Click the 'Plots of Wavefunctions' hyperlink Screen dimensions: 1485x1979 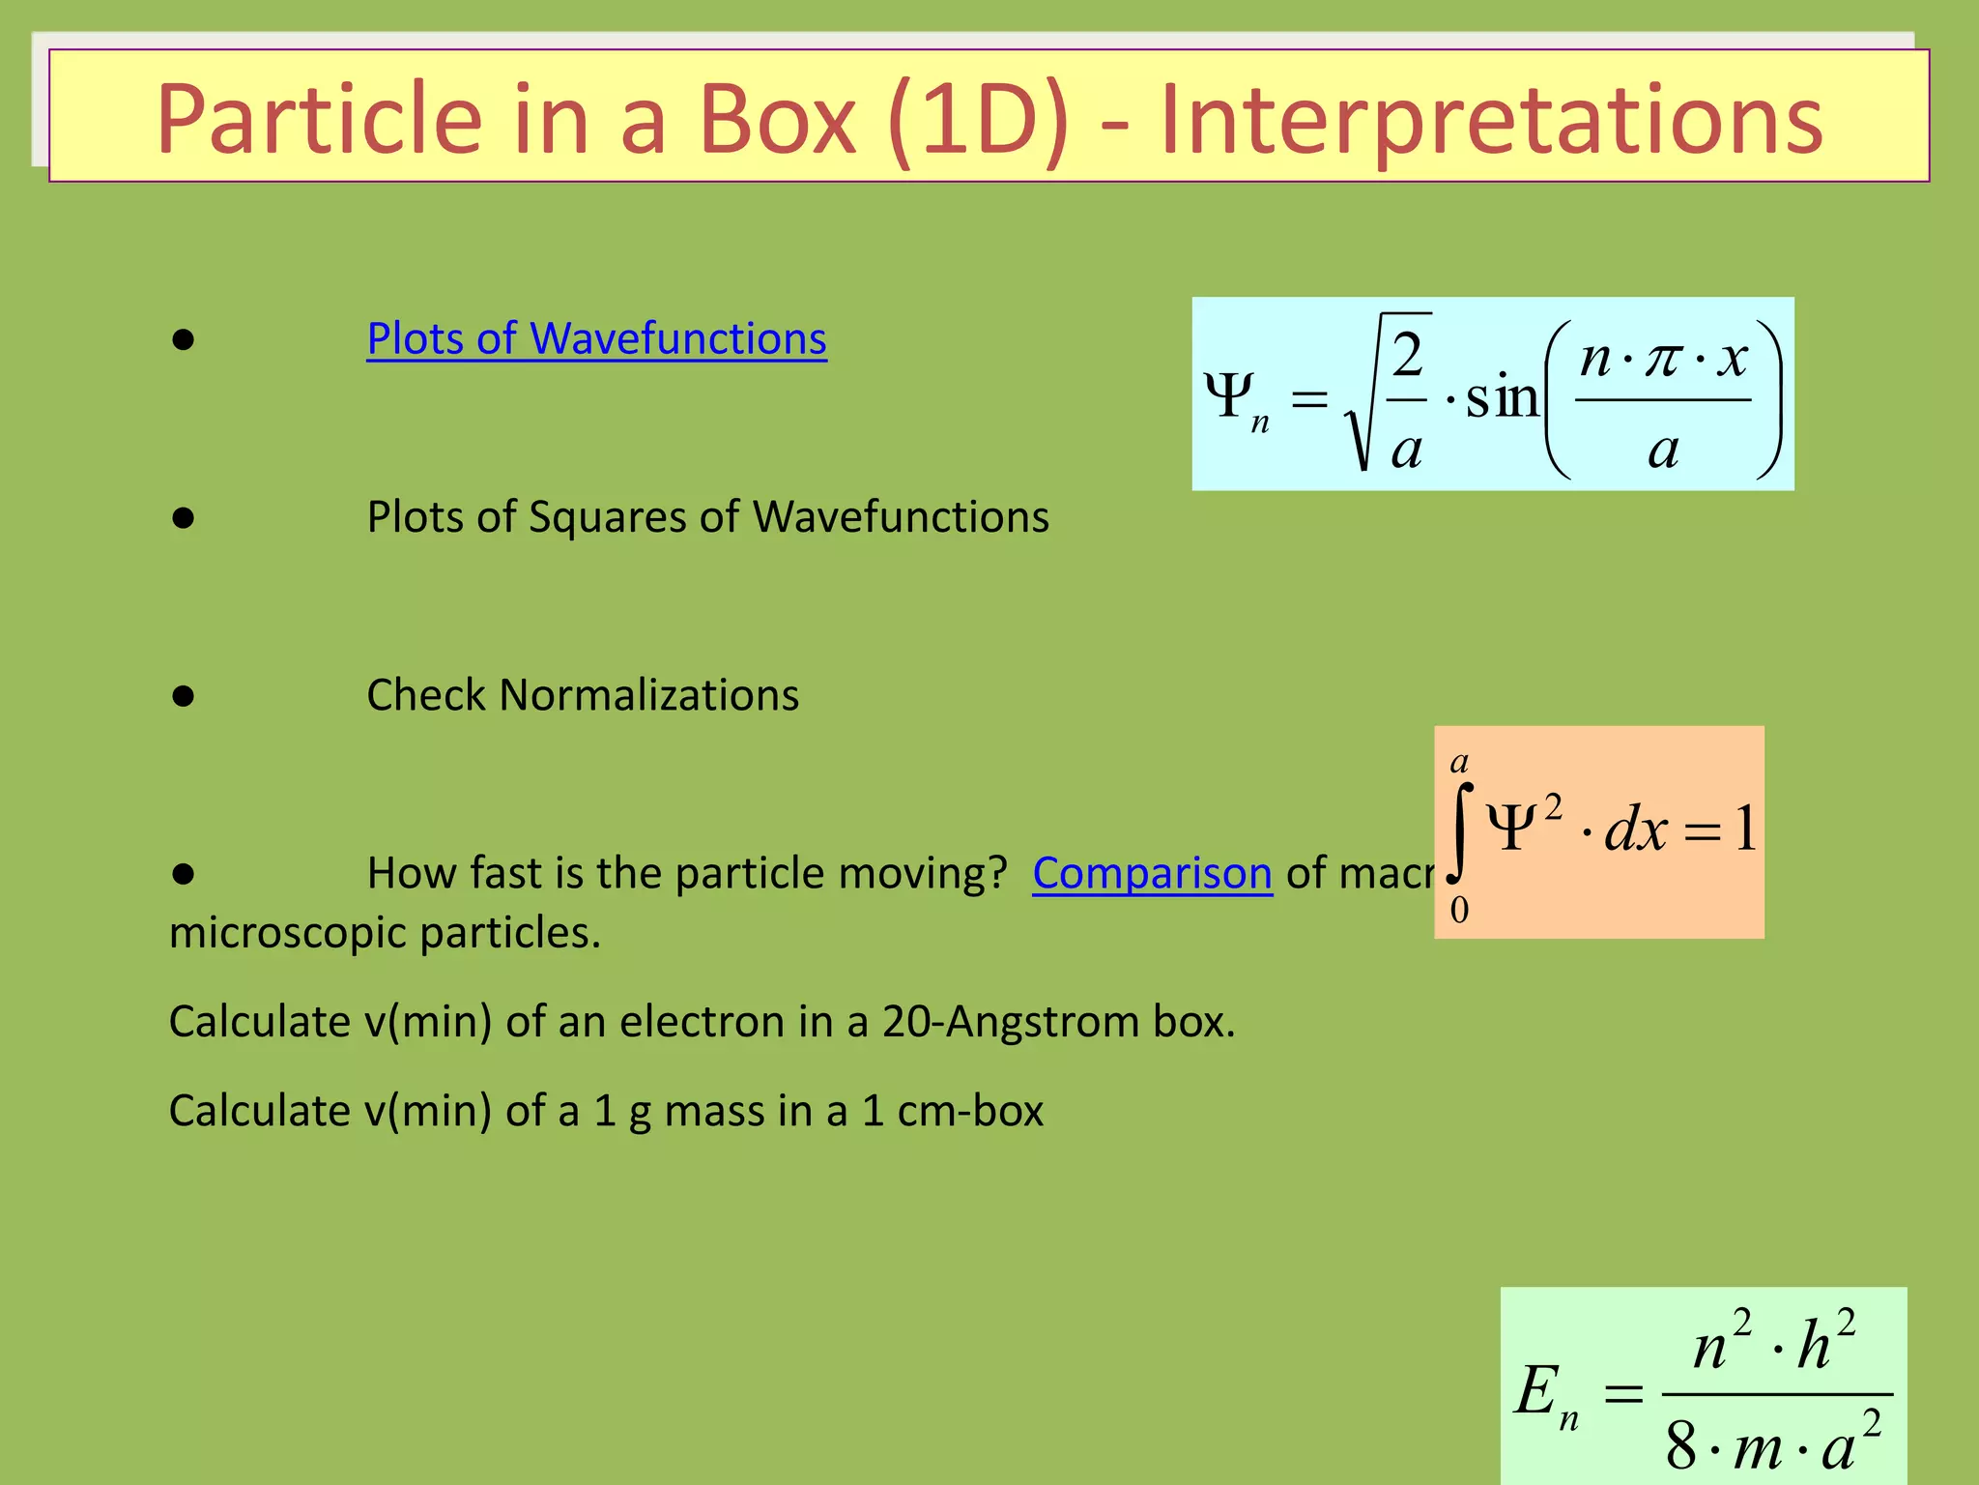pyautogui.click(x=596, y=339)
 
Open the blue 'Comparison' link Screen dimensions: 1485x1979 pyautogui.click(x=1152, y=874)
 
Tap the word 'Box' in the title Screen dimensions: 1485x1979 pyautogui.click(x=776, y=120)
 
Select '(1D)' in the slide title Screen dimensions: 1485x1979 pyautogui.click(x=977, y=120)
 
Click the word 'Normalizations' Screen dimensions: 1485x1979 pyautogui.click(x=648, y=695)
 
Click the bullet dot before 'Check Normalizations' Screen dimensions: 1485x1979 pyautogui.click(x=184, y=696)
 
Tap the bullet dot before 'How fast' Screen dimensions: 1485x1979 pyautogui.click(x=184, y=874)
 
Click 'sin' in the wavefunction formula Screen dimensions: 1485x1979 pyautogui.click(x=1502, y=396)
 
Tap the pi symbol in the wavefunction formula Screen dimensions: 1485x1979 pyautogui.click(x=1663, y=360)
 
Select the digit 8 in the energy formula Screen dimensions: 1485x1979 pyautogui.click(x=1681, y=1446)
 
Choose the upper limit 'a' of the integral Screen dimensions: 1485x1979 pyautogui.click(x=1459, y=762)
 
